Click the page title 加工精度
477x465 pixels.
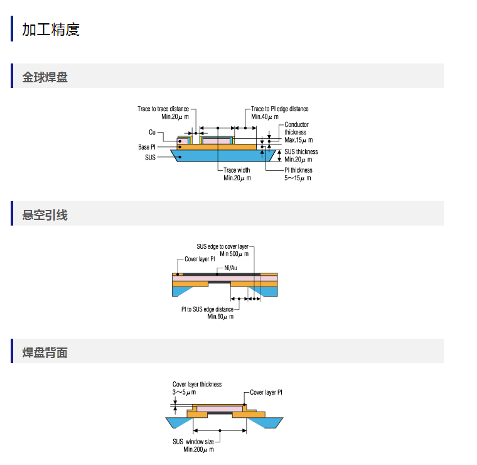(51, 29)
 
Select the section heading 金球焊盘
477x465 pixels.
(45, 77)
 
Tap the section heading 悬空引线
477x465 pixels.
(45, 215)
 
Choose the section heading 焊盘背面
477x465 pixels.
(45, 353)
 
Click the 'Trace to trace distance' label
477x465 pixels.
(163, 109)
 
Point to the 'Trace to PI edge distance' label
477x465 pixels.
(280, 109)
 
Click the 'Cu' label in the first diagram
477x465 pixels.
(152, 132)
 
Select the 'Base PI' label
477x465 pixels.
(147, 147)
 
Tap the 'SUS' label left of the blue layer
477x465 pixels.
(150, 157)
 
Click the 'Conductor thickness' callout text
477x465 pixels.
(296, 129)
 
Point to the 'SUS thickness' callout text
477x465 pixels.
(301, 152)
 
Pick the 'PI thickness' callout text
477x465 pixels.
(298, 170)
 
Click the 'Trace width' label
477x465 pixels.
(237, 170)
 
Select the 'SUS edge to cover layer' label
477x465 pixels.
(222, 247)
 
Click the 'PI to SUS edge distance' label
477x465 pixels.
(207, 309)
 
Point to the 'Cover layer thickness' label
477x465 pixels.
(197, 385)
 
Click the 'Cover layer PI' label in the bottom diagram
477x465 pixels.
(266, 393)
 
